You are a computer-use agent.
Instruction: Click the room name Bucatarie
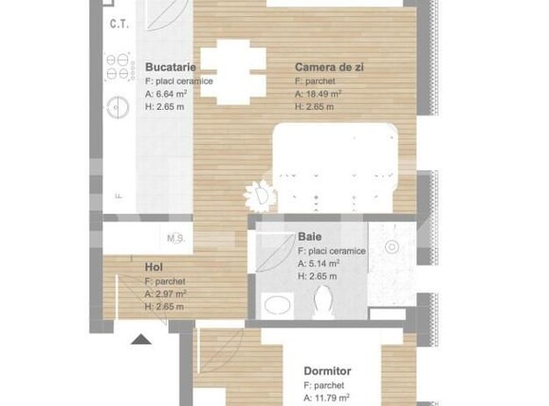(x=171, y=67)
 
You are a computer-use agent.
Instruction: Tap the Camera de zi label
(x=329, y=67)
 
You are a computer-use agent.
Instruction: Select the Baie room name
(x=309, y=237)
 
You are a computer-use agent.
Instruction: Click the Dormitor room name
(x=327, y=372)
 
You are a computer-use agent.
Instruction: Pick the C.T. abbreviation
(x=119, y=24)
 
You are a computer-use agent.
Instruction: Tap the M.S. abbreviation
(x=175, y=238)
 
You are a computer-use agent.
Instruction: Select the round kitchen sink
(x=119, y=106)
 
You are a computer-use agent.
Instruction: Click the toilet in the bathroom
(x=322, y=303)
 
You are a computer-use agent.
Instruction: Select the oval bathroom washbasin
(x=276, y=306)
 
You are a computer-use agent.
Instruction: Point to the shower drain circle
(x=392, y=247)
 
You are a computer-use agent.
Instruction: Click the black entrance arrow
(x=142, y=338)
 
